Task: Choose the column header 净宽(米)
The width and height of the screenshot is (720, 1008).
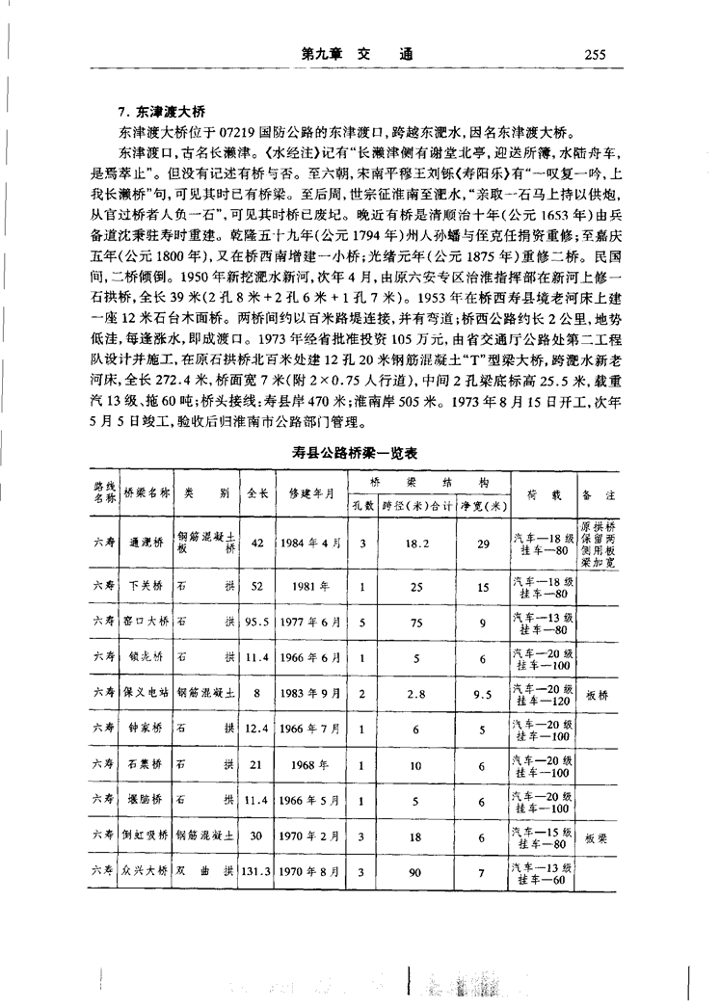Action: click(483, 504)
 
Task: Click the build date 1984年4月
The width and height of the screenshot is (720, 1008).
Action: click(310, 544)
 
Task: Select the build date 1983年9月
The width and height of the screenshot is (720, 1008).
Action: click(310, 693)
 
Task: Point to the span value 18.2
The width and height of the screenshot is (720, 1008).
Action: click(417, 544)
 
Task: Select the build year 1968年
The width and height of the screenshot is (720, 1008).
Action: click(310, 766)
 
